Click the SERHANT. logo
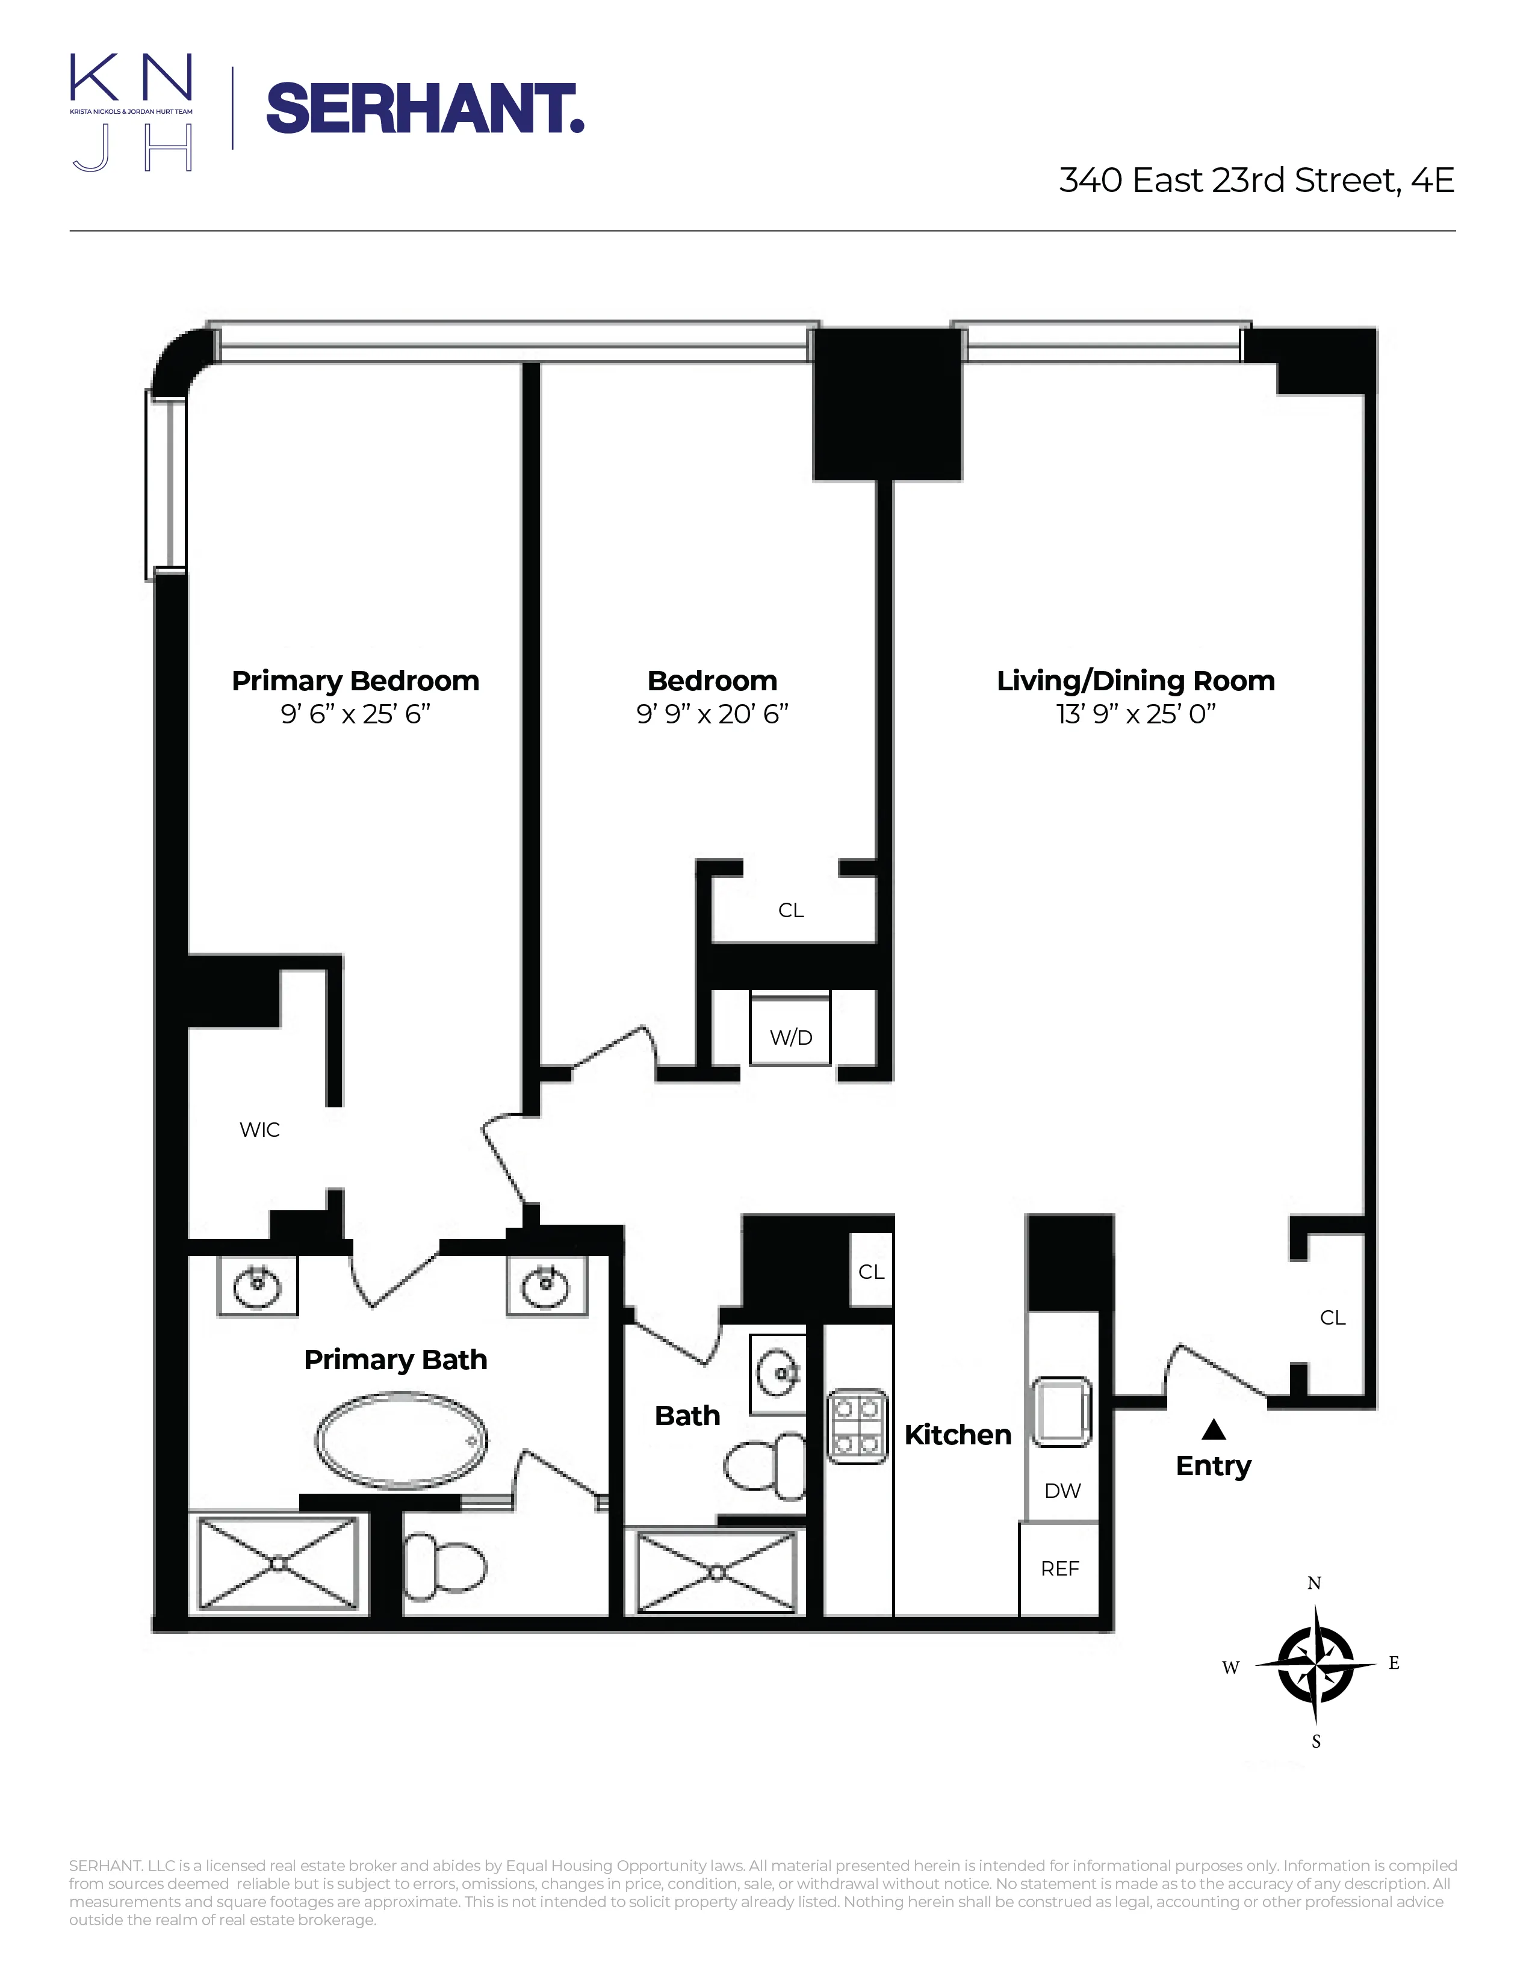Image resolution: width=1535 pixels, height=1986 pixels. click(424, 109)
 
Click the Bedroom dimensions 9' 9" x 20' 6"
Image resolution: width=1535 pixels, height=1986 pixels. click(712, 714)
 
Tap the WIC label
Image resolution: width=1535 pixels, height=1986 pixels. click(259, 1130)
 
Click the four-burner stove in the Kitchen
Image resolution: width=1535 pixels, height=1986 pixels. click(857, 1426)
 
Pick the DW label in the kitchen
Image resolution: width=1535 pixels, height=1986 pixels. click(1062, 1491)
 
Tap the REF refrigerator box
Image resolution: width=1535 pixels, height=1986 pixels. click(1059, 1568)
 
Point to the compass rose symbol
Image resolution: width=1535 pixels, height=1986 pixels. click(1315, 1664)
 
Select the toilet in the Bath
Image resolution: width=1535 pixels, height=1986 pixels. click(764, 1465)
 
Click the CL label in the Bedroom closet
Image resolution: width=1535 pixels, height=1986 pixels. click(790, 910)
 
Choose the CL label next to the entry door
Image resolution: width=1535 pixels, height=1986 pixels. click(1332, 1317)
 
